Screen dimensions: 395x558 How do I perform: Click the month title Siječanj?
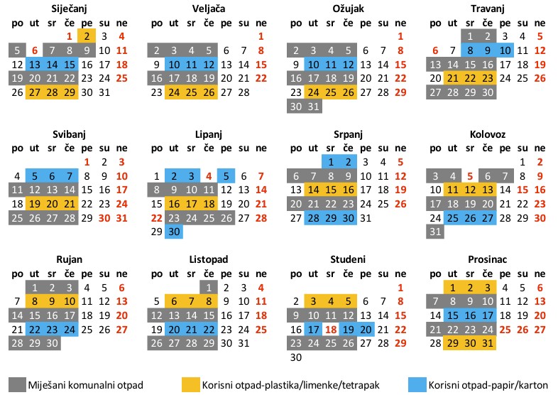pos(69,9)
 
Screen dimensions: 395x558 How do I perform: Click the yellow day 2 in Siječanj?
pos(87,36)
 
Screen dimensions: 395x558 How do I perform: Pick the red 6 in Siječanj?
pos(34,50)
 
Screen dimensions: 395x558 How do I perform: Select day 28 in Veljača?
pos(244,93)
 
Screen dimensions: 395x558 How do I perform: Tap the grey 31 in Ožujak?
pos(314,107)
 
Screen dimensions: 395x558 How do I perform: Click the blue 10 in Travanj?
pos(504,50)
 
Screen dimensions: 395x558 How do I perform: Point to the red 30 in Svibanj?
pos(104,218)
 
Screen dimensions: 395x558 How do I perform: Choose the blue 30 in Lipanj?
pos(174,232)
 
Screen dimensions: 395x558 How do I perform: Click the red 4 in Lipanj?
pos(209,176)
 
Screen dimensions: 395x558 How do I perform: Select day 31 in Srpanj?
pos(366,218)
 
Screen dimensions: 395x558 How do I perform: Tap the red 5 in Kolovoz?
pos(469,176)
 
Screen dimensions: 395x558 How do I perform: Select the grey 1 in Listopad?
pos(209,288)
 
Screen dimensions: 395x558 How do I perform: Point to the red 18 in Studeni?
pos(331,330)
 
